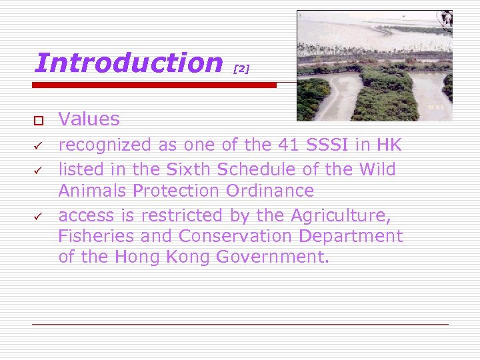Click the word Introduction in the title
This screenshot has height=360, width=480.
128,63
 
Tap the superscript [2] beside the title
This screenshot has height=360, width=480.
241,69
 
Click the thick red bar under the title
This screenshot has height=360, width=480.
155,85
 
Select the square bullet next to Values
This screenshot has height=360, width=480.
39,120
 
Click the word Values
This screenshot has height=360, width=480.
89,119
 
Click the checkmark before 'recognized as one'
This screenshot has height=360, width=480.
39,145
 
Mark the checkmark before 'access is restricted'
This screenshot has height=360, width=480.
39,216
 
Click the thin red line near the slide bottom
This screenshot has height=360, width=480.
240,324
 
